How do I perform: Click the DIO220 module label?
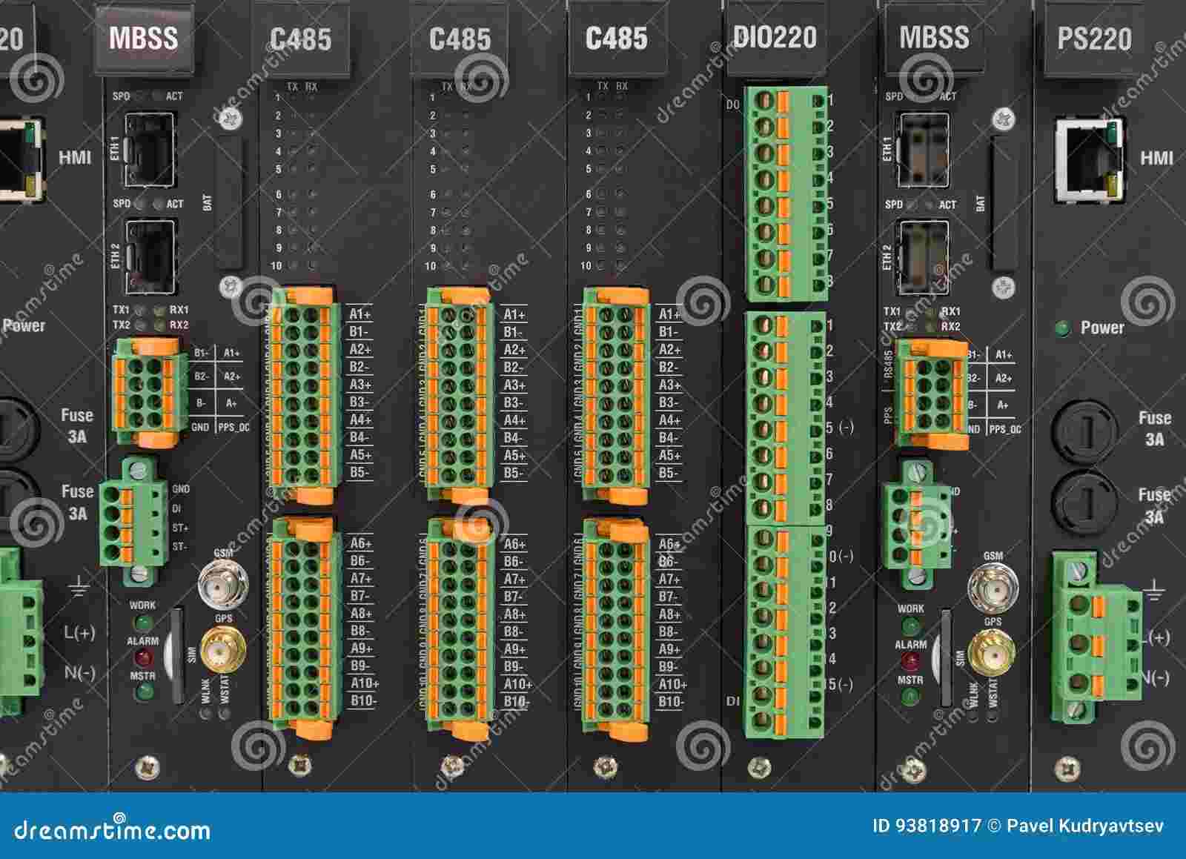775,37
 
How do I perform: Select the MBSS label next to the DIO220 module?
934,37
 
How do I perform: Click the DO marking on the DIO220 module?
732,105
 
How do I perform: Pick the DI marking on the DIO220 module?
732,700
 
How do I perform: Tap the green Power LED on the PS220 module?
1064,328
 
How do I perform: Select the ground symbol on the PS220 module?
1153,591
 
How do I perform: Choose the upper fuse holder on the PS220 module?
1088,430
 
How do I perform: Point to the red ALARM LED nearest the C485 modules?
142,657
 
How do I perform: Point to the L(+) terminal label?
79,632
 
